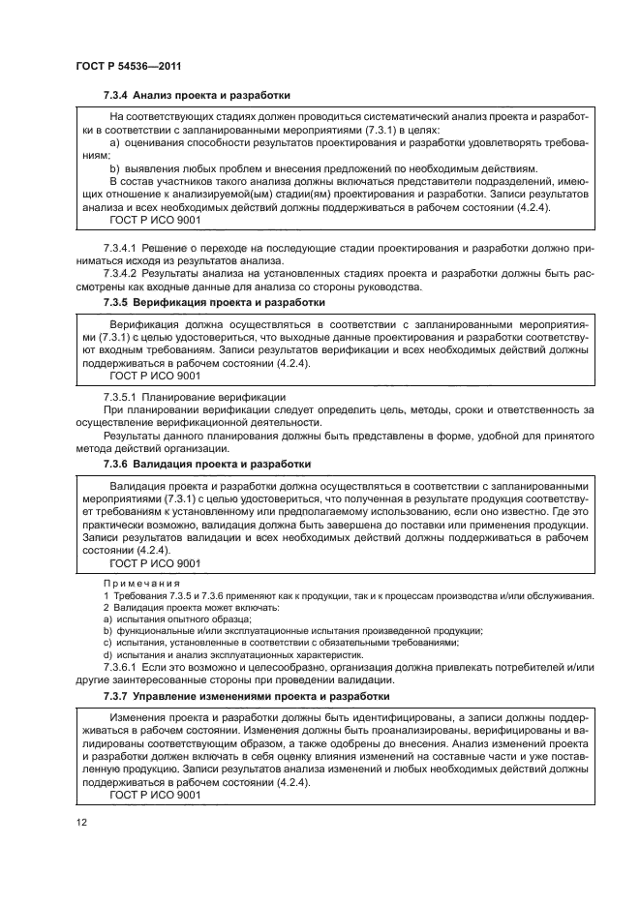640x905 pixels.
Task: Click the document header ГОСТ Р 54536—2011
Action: click(x=129, y=65)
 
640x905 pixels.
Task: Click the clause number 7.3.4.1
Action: click(x=123, y=250)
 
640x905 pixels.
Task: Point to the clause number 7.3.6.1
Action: click(x=123, y=668)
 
